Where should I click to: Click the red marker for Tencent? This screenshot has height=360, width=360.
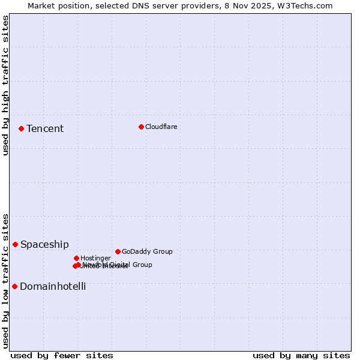(x=21, y=128)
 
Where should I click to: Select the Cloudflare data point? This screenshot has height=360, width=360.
(x=141, y=127)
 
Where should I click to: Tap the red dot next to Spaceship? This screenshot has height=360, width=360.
(x=15, y=244)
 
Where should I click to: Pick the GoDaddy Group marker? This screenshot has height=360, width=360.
(x=118, y=251)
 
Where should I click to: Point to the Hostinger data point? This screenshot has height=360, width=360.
(x=76, y=258)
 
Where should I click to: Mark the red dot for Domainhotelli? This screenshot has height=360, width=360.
(x=14, y=286)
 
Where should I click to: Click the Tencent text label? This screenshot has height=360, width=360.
(x=45, y=129)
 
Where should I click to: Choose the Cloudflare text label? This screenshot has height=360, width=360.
(x=161, y=127)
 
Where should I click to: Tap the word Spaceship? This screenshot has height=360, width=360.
(x=44, y=245)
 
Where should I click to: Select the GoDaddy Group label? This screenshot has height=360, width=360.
(x=147, y=251)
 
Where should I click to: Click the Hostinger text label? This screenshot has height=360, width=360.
(x=95, y=258)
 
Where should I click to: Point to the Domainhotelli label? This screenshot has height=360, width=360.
(x=53, y=287)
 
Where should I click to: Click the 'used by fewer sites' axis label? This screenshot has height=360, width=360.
(x=62, y=356)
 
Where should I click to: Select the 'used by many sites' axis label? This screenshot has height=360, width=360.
(x=301, y=356)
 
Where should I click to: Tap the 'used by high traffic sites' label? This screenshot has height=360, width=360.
(x=6, y=85)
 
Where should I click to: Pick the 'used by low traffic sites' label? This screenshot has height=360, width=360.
(x=6, y=281)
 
